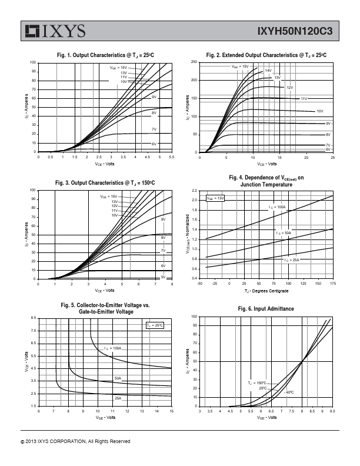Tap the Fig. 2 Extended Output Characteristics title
click(x=266, y=55)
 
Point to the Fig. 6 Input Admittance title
click(x=266, y=309)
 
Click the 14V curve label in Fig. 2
click(x=268, y=71)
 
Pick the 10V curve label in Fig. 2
click(x=320, y=111)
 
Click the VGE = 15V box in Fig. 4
click(x=215, y=198)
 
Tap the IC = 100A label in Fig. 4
click(x=277, y=207)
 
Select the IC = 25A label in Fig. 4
click(x=292, y=259)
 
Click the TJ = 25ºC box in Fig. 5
click(x=155, y=325)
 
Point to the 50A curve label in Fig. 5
click(x=118, y=378)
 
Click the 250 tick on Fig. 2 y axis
click(x=194, y=62)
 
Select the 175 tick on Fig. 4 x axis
click(x=333, y=284)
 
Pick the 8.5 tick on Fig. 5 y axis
click(x=34, y=318)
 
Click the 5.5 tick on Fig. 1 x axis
click(x=172, y=157)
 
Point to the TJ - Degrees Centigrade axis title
click(x=266, y=291)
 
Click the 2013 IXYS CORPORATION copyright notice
click(x=75, y=441)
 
